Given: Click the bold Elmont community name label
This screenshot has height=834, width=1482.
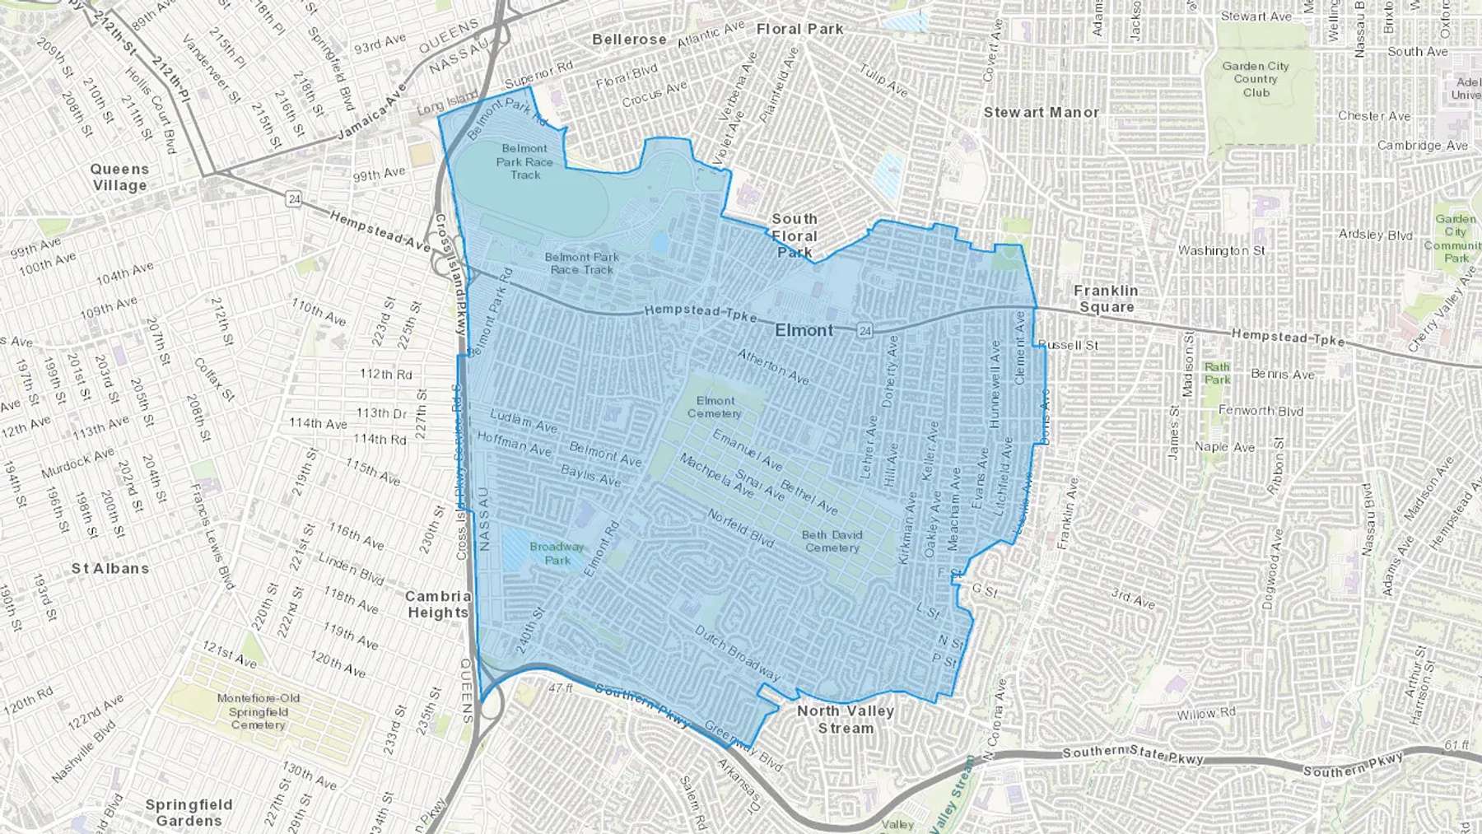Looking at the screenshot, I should coord(804,330).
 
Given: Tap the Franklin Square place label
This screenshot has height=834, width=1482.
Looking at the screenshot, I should coord(1106,299).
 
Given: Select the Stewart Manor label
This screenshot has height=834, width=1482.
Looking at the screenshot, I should coord(1042,112).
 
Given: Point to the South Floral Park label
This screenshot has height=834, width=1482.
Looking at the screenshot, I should coord(795,235).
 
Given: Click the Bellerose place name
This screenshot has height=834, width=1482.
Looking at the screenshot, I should coord(629,40).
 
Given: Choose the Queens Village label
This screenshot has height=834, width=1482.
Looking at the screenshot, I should coord(119,177).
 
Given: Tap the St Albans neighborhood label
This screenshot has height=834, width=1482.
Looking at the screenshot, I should coord(110,568).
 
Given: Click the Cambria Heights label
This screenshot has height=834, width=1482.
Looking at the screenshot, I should coord(438,604).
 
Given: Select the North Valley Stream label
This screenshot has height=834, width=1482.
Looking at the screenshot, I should coord(846,719).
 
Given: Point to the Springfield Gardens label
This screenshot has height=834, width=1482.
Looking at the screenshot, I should coord(189,812).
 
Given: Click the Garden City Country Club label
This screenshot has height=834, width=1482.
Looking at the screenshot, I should coord(1256,79).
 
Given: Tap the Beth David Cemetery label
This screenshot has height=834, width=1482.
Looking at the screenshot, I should coord(832,541).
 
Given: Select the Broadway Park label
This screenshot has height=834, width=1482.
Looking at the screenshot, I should coord(557,553).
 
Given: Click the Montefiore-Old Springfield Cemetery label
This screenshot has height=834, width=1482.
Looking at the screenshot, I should coord(259,711).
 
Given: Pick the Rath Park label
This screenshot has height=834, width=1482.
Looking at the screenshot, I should coord(1217,373).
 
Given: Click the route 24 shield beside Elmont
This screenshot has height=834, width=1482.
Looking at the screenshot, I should coord(864,330).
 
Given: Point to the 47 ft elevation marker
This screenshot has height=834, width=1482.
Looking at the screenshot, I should coord(560,687).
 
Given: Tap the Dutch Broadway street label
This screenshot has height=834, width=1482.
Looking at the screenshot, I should coord(737,653).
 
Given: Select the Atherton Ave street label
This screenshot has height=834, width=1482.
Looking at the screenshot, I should coord(773,366).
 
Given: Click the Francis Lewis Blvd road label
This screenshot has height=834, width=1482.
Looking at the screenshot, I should coord(212,536).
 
